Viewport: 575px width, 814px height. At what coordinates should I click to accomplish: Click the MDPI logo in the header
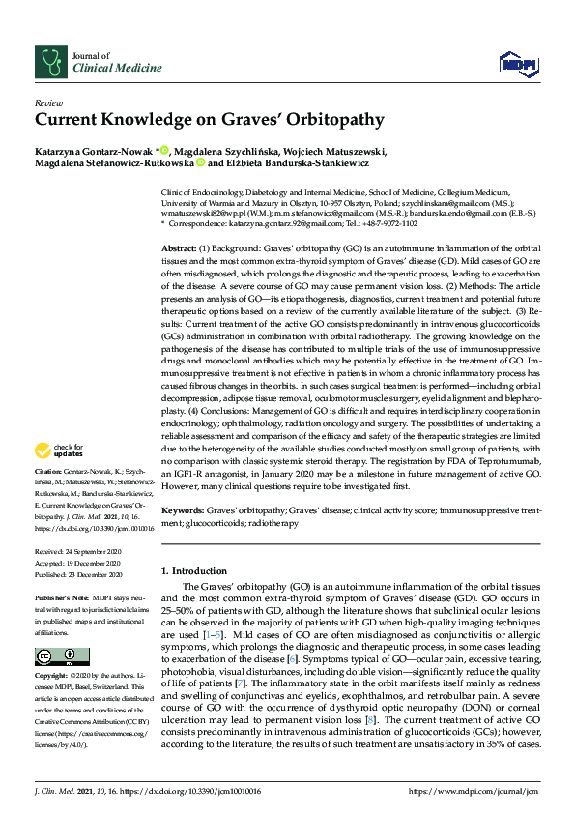(517, 65)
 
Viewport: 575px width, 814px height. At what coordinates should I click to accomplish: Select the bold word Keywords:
(184, 509)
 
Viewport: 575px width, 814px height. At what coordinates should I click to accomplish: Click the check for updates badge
(60, 451)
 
